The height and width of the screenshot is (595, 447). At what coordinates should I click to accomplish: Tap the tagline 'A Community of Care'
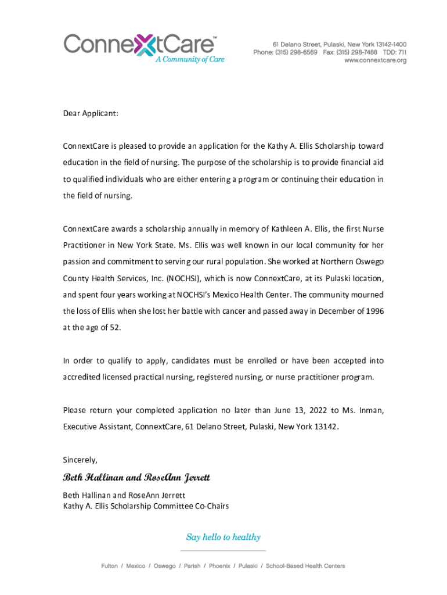click(189, 59)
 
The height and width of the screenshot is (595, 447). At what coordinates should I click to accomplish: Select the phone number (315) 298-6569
click(297, 52)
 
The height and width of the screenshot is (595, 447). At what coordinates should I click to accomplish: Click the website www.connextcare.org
click(375, 60)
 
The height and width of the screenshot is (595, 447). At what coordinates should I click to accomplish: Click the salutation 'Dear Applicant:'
click(91, 113)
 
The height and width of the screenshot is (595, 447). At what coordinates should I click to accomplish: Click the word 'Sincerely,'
click(80, 460)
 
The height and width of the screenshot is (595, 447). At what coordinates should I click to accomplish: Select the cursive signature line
click(136, 478)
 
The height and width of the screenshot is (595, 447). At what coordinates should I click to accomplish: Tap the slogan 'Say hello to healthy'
click(223, 537)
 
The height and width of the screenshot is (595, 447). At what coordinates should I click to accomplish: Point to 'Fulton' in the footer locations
click(109, 566)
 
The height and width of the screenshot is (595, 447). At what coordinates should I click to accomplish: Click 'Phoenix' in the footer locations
click(219, 566)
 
